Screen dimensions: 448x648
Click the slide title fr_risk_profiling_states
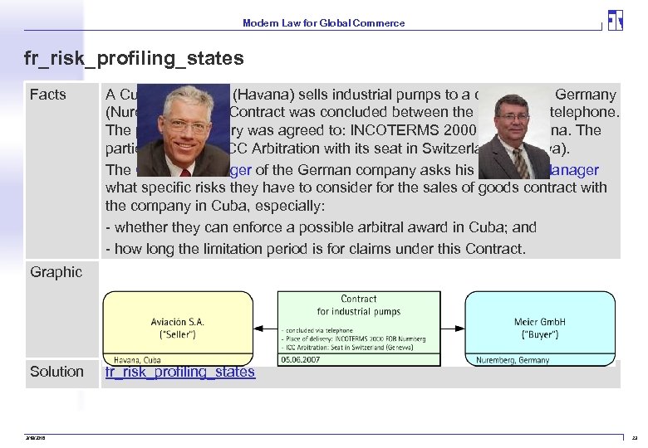point(135,58)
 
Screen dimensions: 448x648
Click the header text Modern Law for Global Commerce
point(323,23)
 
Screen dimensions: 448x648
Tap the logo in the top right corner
point(615,20)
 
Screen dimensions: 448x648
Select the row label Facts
point(47,95)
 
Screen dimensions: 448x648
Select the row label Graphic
point(56,271)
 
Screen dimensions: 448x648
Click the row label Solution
point(56,372)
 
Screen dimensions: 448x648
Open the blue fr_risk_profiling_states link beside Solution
point(180,372)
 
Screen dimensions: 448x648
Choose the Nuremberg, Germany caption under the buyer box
point(513,360)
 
